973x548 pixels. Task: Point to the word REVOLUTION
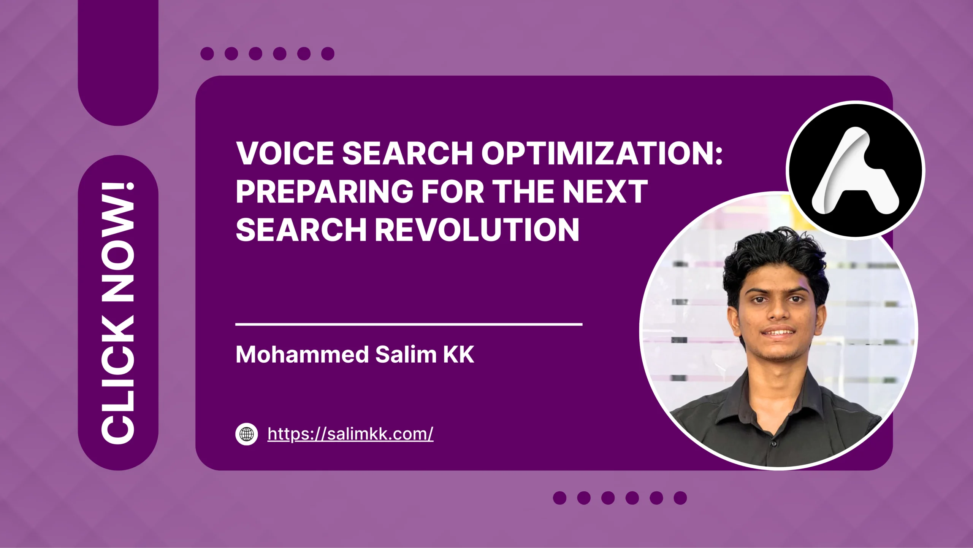tap(477, 230)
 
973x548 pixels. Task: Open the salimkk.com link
tap(350, 434)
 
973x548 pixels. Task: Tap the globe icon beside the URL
tap(247, 434)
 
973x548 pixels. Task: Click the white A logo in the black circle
tap(855, 171)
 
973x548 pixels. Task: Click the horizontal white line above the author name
tap(409, 324)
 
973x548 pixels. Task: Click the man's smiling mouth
tap(779, 333)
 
